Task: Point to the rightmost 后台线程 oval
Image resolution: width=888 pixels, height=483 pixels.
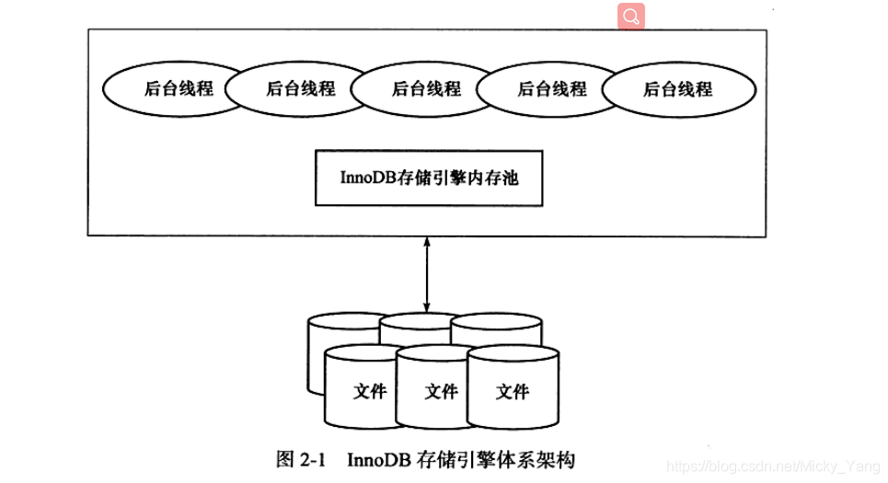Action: tap(677, 89)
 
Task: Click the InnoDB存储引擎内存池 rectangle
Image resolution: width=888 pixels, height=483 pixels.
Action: tap(428, 178)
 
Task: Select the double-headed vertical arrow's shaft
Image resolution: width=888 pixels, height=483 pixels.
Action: tap(427, 276)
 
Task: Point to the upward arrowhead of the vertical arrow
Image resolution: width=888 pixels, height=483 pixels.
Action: tap(427, 242)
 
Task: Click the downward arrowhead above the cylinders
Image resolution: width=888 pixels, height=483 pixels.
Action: tap(427, 308)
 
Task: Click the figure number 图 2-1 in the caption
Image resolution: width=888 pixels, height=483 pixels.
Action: tap(302, 458)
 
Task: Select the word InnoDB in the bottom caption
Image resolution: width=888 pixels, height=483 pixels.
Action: tap(379, 458)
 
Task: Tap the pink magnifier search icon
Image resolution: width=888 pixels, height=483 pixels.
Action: tap(631, 16)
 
